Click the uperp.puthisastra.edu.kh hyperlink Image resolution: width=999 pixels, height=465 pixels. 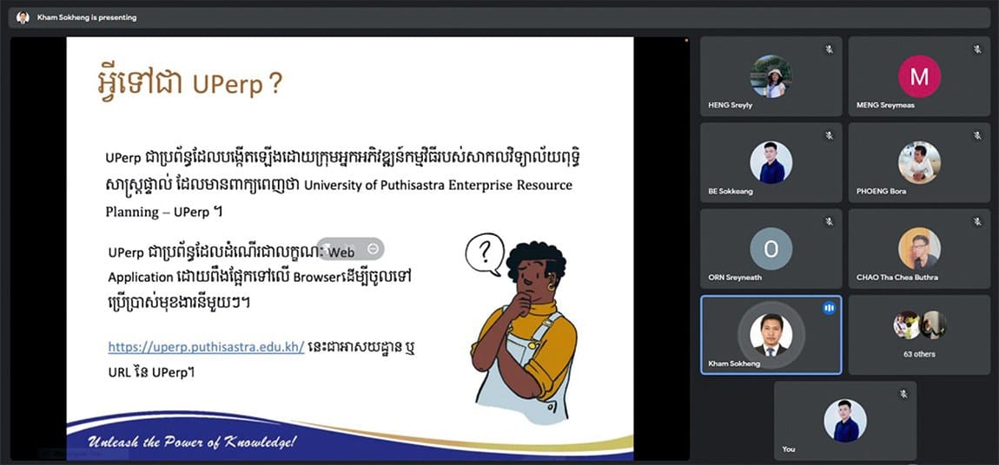pos(207,347)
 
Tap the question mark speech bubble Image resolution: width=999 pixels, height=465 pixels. pos(485,254)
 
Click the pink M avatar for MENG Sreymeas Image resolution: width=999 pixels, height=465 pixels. pos(919,76)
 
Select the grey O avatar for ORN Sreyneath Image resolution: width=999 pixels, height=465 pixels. pos(771,249)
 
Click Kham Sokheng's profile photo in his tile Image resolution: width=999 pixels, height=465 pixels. pos(771,335)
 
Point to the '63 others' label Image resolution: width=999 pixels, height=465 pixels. pos(919,354)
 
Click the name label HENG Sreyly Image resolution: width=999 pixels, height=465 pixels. pos(730,105)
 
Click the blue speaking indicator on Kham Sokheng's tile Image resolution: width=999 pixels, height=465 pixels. pos(829,308)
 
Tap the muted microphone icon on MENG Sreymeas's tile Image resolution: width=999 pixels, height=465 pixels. pos(977,49)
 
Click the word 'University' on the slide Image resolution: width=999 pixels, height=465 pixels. pos(332,186)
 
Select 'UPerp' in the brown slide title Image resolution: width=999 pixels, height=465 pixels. pos(228,85)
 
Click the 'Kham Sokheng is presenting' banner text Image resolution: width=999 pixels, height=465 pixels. pos(87,18)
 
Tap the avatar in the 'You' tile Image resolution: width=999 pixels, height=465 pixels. pos(845,421)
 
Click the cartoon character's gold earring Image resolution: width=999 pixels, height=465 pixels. pos(551,287)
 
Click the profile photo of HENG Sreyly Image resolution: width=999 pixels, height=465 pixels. pos(771,76)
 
